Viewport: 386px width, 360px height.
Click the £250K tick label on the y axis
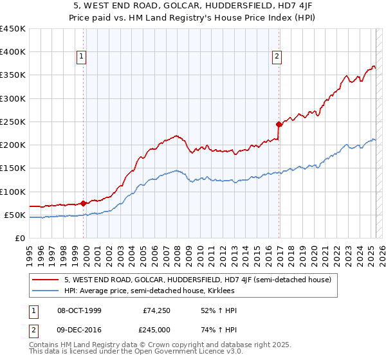coord(13,122)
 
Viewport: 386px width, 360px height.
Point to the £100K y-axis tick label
coord(13,192)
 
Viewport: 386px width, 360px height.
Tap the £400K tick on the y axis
coord(13,52)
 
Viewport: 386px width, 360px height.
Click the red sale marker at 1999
coord(83,203)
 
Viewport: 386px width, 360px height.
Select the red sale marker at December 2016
coord(279,124)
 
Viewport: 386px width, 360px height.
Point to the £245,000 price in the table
coord(156,330)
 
